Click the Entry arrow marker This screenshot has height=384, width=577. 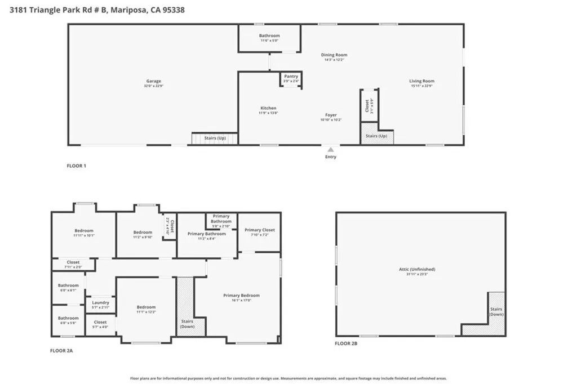[331, 150]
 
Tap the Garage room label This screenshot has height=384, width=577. [154, 81]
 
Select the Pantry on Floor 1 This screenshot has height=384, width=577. [291, 78]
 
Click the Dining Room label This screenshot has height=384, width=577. [334, 55]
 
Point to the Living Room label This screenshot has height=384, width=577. [421, 81]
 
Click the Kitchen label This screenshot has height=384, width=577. [268, 108]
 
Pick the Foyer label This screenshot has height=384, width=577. [331, 115]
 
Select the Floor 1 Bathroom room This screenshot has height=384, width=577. [269, 38]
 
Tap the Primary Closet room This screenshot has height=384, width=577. [259, 232]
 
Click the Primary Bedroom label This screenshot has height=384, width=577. [241, 296]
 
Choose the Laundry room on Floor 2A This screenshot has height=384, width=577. [100, 305]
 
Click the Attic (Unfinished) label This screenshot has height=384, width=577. [420, 270]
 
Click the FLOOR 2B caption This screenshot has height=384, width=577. [346, 343]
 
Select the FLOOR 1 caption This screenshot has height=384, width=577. [77, 166]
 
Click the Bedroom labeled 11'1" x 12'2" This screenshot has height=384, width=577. [145, 309]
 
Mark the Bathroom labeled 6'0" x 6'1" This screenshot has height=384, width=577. [68, 287]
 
